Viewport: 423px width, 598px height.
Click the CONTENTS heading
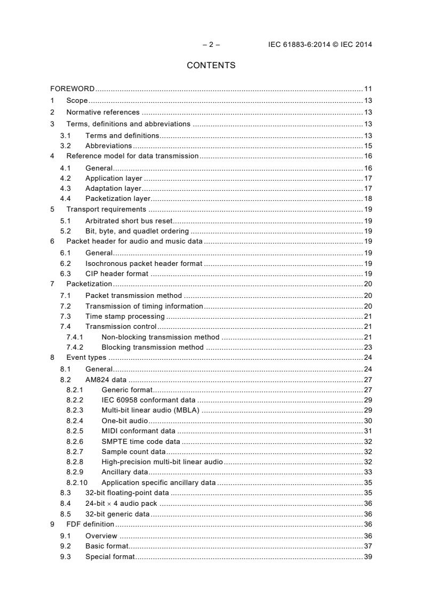(211, 66)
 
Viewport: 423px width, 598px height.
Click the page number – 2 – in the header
(211, 45)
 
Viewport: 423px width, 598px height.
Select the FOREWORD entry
(73, 89)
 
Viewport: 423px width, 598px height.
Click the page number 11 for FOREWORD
(368, 89)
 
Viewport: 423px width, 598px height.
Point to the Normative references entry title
(103, 112)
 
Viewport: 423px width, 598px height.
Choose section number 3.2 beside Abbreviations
(66, 146)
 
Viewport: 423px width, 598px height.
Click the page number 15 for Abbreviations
(368, 146)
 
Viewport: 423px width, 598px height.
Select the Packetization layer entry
(118, 199)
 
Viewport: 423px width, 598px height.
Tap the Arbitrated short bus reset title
(129, 221)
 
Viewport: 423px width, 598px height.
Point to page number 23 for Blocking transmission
(368, 348)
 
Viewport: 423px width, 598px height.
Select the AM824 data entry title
(106, 380)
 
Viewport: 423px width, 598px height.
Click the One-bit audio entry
(125, 421)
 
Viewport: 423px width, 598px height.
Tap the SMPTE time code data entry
(141, 442)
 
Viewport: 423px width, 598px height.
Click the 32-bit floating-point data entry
(127, 493)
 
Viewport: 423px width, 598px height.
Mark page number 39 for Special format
(368, 557)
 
